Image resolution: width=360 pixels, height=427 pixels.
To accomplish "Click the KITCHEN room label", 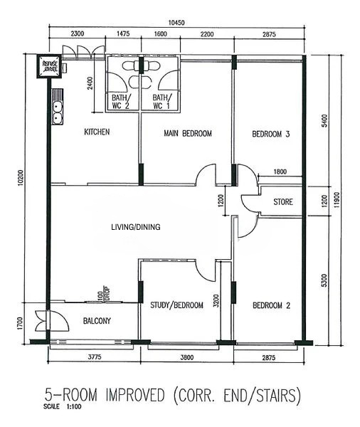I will pos(97,132).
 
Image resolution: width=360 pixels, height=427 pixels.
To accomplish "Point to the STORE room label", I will pos(282,203).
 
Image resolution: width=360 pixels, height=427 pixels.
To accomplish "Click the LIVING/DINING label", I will pos(135,228).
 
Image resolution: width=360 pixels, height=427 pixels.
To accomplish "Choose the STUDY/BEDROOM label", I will pos(176,305).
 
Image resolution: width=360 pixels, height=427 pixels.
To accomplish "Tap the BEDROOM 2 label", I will pos(271,305).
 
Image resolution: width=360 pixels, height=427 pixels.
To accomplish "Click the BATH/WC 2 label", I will pos(120,101).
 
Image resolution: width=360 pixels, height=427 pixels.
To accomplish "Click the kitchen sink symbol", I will pos(55,110).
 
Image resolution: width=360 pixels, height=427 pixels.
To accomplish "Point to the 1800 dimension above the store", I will pos(280,172).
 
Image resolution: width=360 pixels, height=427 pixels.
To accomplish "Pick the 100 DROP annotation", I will pos(103,295).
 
